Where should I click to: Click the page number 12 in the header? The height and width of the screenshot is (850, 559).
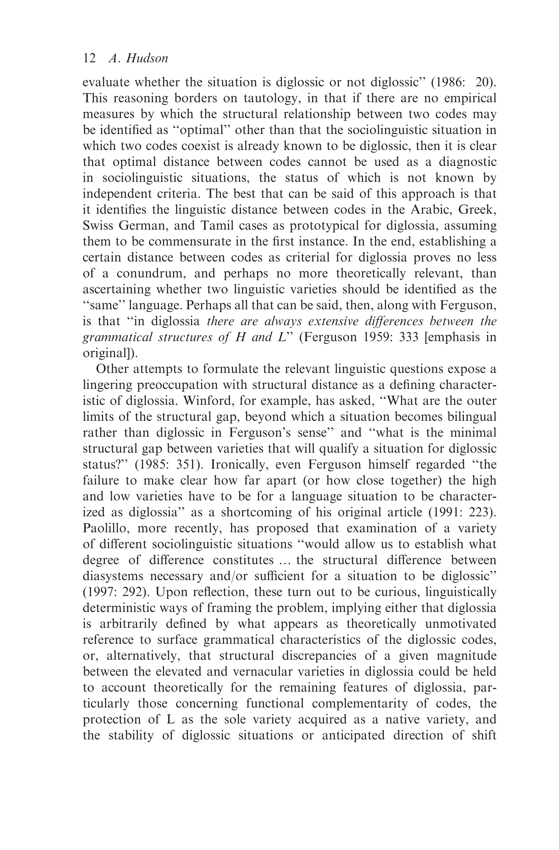tap(89, 58)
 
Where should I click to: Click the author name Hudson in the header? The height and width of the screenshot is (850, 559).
tap(147, 58)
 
